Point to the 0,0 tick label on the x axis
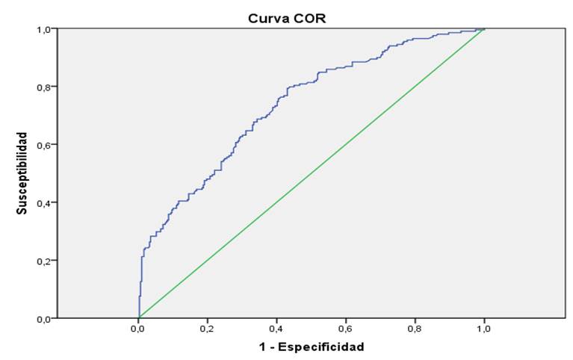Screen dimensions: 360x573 [x=139, y=328]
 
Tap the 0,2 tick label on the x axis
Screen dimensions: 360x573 [x=208, y=328]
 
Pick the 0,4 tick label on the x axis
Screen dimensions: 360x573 [x=276, y=328]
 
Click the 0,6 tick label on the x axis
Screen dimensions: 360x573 [x=346, y=328]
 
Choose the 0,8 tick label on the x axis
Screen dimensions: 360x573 [x=415, y=328]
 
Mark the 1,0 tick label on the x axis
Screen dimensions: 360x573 [x=483, y=328]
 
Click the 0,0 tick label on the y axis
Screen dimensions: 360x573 [x=46, y=318]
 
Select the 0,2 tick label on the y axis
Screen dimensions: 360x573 [x=46, y=261]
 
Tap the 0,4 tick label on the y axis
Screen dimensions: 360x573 [x=46, y=202]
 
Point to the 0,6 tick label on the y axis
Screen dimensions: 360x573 [x=46, y=145]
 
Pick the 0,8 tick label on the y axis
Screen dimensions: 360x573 [x=46, y=87]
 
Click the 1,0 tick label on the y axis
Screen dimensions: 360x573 [x=46, y=29]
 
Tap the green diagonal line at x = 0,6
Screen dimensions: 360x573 [x=346, y=145]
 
